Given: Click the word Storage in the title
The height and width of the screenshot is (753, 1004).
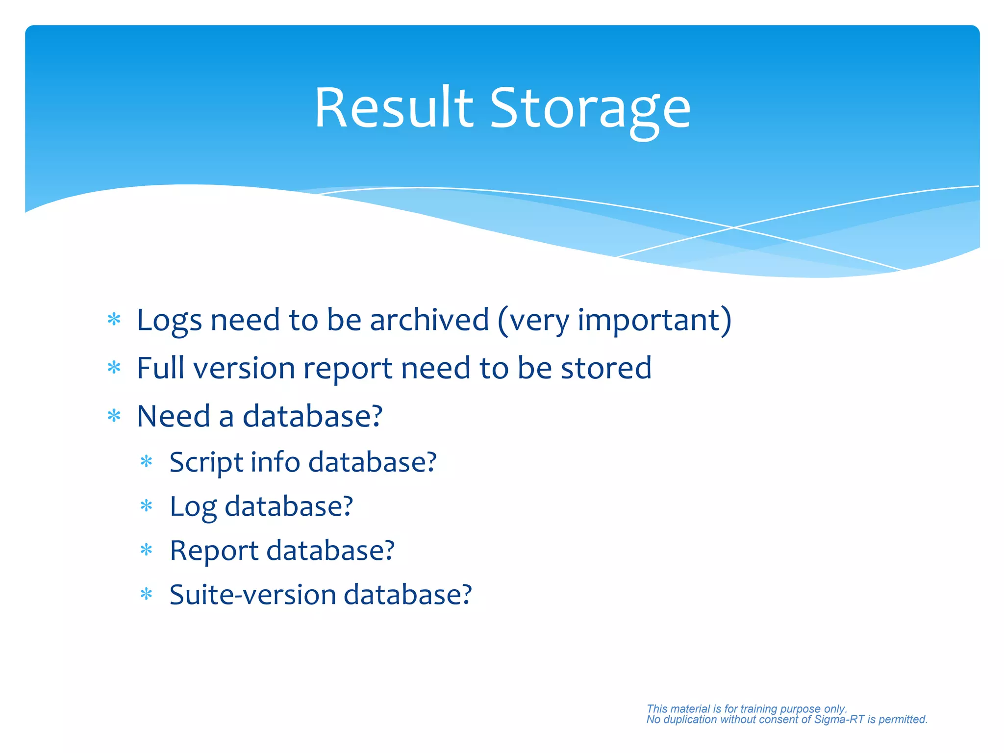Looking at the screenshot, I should [x=590, y=110].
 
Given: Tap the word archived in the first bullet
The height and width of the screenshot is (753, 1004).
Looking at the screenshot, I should [x=429, y=320].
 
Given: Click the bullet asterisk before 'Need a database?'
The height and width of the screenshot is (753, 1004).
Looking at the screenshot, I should [x=114, y=416].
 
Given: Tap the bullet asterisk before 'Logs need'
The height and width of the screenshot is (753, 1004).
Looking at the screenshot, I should [x=114, y=320].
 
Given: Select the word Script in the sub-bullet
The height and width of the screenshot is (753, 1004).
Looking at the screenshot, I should [x=206, y=463].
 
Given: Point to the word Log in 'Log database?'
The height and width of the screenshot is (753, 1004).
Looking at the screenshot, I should [x=193, y=507].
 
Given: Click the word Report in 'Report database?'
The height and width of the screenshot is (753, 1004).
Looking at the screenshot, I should [x=214, y=551].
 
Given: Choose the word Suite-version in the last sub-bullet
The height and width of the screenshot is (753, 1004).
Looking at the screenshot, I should [x=252, y=595].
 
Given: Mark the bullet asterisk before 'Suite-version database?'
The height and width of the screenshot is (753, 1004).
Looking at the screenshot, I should [x=146, y=595].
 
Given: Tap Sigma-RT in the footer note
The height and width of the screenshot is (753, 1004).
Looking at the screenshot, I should [x=839, y=720].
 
